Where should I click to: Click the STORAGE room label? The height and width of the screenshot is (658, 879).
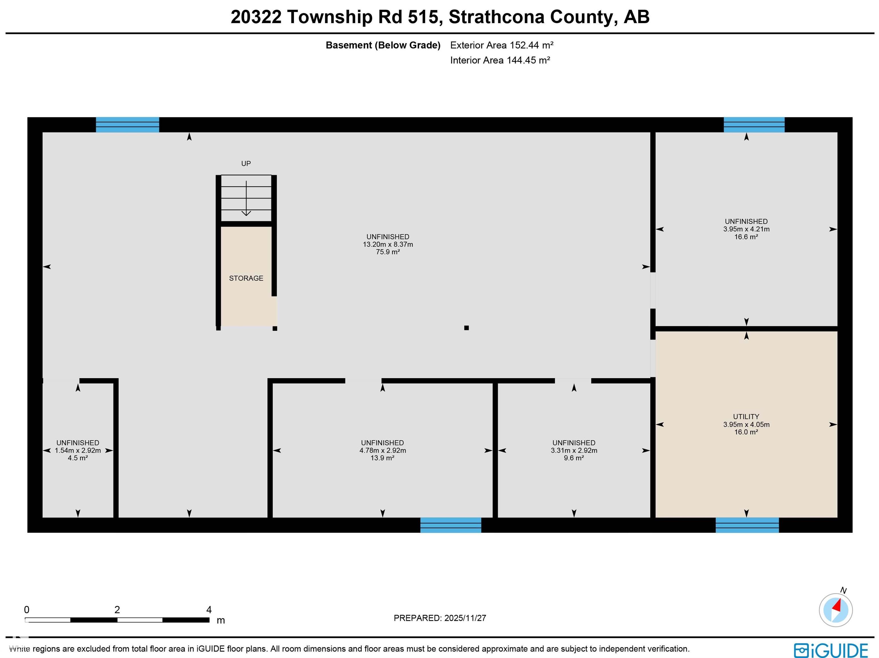246,278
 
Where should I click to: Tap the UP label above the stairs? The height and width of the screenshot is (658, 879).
246,163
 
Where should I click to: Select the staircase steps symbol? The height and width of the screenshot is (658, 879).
246,198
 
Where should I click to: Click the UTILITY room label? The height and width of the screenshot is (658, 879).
746,417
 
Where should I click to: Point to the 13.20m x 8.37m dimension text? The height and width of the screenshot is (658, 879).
387,244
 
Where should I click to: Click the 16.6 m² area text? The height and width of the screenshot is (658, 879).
746,237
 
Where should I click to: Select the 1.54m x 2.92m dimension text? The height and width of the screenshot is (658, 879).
78,451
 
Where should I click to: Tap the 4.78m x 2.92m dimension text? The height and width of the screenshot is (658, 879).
382,451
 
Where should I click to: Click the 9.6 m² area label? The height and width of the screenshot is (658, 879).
573,458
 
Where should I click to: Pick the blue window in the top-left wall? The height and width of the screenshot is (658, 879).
128,125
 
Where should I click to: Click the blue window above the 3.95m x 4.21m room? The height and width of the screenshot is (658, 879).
754,125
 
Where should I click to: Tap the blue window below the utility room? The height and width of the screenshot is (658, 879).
747,525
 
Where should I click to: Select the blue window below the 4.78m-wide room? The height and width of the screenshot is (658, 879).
451,525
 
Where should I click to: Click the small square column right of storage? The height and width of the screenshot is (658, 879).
466,328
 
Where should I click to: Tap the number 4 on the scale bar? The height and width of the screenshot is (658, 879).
209,610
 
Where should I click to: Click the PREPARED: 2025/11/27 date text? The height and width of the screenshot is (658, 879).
439,618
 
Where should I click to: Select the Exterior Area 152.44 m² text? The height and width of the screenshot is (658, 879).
502,45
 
